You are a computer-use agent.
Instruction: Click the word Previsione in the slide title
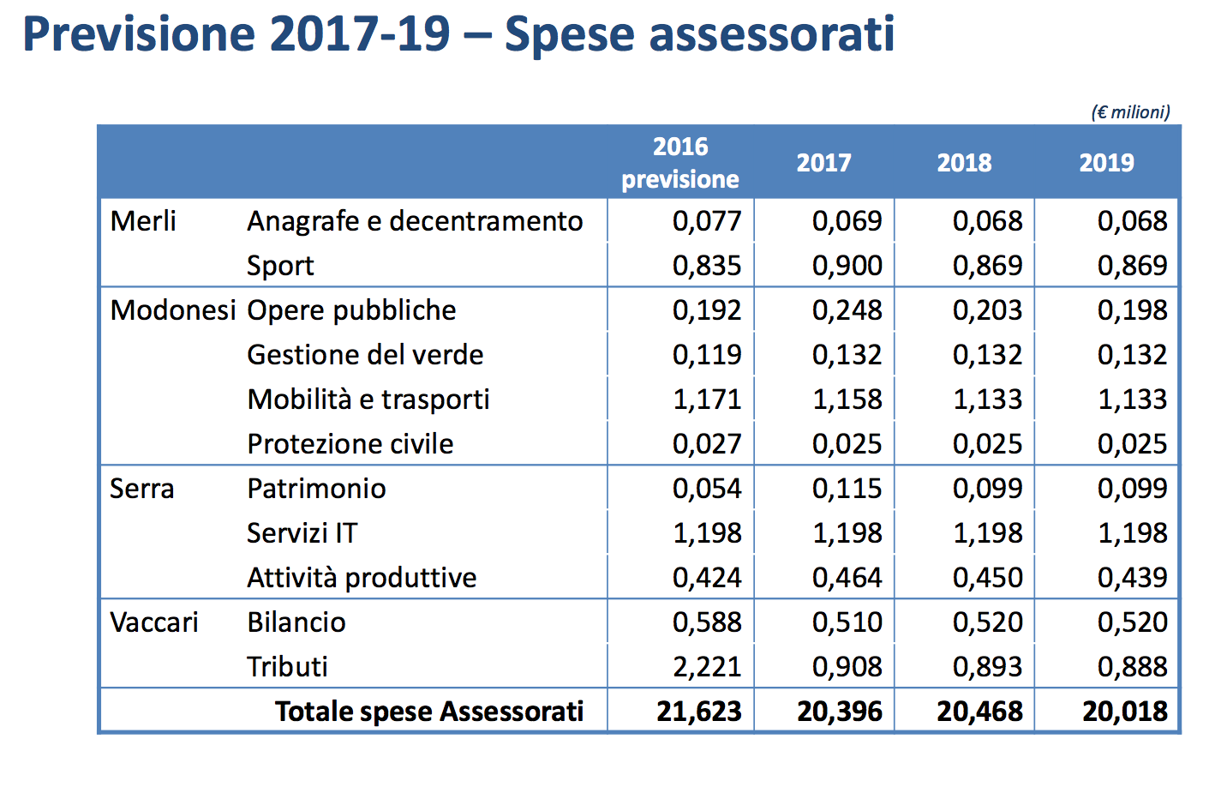(139, 34)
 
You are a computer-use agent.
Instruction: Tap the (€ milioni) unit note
(1130, 112)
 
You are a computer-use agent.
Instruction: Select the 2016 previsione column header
(680, 163)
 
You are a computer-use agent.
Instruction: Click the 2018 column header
(964, 163)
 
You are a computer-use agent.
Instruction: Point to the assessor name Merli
(143, 221)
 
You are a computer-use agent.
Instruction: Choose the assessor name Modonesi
(172, 310)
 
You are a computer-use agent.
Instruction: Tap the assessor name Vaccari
(154, 622)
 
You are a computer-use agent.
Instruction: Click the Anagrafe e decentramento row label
(415, 221)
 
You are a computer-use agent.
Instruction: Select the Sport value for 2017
(847, 266)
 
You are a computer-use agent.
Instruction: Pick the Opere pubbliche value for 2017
(847, 310)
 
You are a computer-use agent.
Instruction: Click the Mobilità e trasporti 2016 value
(707, 400)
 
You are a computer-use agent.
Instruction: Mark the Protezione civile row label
(350, 444)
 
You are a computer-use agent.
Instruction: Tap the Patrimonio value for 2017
(847, 489)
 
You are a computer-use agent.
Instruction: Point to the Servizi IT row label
(302, 533)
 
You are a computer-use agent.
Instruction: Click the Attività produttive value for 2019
(1132, 578)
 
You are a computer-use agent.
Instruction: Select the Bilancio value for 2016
(707, 622)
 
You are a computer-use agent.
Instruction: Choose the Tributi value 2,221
(707, 667)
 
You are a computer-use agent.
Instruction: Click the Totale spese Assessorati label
(428, 712)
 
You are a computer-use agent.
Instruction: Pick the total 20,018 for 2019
(1124, 712)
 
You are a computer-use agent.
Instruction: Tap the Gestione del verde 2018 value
(987, 355)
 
